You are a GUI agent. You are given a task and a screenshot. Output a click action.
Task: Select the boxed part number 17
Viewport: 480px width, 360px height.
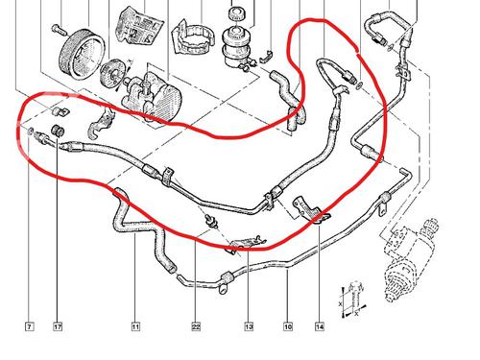tap(57, 327)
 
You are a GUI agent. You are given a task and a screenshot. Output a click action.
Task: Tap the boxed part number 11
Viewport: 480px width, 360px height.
tap(135, 327)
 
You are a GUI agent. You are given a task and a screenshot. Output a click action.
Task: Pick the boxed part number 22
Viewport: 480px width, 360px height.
tap(195, 327)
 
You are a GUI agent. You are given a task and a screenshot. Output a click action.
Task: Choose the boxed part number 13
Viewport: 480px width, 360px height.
tap(249, 327)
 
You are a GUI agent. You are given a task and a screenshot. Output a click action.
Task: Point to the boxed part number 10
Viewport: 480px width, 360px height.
tap(287, 327)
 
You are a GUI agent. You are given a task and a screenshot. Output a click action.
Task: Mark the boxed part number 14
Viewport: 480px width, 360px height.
tap(320, 327)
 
